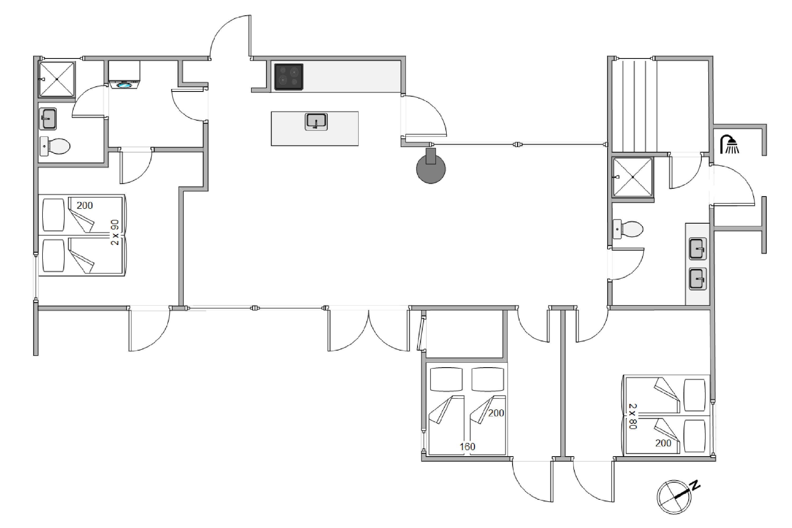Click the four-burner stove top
[x=289, y=77]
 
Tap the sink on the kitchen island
[x=316, y=121]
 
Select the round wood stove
[x=431, y=168]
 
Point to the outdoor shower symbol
[x=729, y=144]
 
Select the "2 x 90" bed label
[x=115, y=232]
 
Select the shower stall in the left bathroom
[x=57, y=79]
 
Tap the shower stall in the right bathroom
[x=632, y=177]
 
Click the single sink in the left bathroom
[x=48, y=119]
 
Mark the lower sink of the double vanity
[x=697, y=279]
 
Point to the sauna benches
[x=634, y=105]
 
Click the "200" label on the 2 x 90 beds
[x=84, y=205]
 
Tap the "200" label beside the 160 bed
[x=496, y=413]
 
